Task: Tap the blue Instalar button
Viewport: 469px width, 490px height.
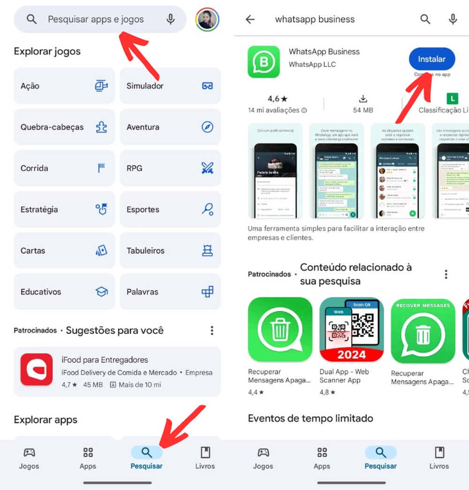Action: (x=431, y=59)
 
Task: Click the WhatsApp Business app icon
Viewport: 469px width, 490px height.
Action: (x=264, y=61)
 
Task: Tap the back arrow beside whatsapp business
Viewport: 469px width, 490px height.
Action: (x=250, y=19)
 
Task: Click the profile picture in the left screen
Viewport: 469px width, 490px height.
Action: (x=207, y=19)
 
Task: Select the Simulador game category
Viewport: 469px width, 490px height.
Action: (x=170, y=86)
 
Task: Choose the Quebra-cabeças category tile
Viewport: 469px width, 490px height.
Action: (x=64, y=127)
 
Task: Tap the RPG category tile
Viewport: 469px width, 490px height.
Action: (x=170, y=168)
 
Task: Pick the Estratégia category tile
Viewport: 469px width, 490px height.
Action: (x=64, y=209)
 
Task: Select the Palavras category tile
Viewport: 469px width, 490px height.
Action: (x=170, y=291)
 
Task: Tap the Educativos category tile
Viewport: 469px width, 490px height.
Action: (x=64, y=291)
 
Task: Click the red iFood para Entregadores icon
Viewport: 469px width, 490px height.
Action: (x=37, y=369)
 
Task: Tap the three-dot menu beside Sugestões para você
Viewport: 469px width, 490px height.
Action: (x=212, y=330)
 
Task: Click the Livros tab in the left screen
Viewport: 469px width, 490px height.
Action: (x=205, y=458)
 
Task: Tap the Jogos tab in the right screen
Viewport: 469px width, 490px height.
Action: (x=263, y=458)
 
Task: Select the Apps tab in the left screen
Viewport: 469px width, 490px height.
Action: (x=88, y=458)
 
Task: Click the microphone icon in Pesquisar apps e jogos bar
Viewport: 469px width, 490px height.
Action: (x=171, y=19)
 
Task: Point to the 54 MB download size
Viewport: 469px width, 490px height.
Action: (x=363, y=110)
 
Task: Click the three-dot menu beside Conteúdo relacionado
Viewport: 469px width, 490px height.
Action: (x=446, y=274)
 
